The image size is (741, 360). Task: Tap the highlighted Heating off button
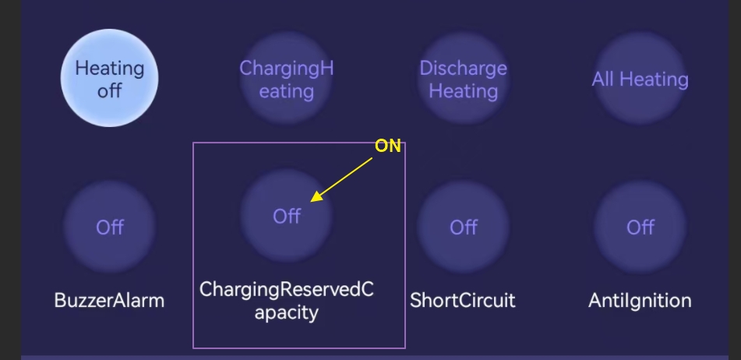[x=109, y=78]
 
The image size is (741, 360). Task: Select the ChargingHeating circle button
[x=287, y=79]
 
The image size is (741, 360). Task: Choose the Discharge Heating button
[x=463, y=79]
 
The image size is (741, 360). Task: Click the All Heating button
[x=640, y=79]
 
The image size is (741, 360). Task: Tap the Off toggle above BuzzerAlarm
[x=110, y=228]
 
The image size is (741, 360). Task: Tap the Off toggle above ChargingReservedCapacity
[x=287, y=216]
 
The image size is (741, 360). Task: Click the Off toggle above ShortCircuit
[x=463, y=228]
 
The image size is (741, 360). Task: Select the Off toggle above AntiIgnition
[x=640, y=228]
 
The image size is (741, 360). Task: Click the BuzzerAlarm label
[x=109, y=301]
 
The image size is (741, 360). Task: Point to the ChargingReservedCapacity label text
[x=287, y=301]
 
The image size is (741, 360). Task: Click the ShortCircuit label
[x=463, y=301]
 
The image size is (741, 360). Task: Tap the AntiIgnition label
[x=640, y=301]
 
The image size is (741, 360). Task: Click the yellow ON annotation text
[x=387, y=146]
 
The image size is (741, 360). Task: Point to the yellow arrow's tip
[x=310, y=202]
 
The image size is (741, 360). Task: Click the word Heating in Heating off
[x=110, y=69]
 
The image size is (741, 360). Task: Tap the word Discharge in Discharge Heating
[x=463, y=69]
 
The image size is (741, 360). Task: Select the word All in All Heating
[x=602, y=79]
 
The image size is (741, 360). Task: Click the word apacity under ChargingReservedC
[x=287, y=312]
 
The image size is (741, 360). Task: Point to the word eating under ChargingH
[x=287, y=90]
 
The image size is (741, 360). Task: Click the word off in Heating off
[x=110, y=90]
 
